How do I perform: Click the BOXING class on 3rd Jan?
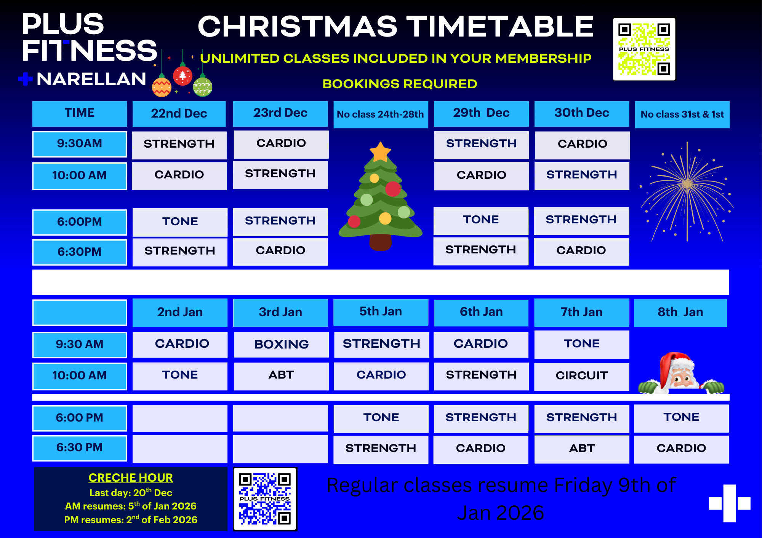click(281, 344)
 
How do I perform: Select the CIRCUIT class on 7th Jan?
click(581, 376)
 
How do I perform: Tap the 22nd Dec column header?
click(179, 113)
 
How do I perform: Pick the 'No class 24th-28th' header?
click(381, 114)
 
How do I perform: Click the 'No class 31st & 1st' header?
click(682, 114)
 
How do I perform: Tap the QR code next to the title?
click(644, 49)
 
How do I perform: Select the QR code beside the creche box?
click(265, 499)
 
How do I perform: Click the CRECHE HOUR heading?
click(131, 478)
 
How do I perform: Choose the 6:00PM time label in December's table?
click(80, 222)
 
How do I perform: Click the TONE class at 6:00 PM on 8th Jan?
click(681, 417)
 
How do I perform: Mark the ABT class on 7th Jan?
click(582, 449)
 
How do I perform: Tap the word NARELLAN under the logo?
click(91, 79)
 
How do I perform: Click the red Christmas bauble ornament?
click(183, 75)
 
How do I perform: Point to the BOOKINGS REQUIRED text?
click(400, 84)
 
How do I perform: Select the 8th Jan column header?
click(680, 312)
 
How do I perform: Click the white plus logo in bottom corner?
click(730, 503)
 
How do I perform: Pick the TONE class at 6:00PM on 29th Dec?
click(481, 220)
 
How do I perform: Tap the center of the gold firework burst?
click(687, 185)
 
